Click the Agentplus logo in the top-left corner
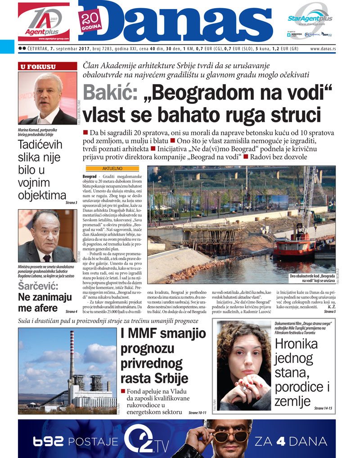[44, 22]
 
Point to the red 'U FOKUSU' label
[37, 67]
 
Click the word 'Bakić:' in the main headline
[110, 93]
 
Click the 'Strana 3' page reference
[70, 202]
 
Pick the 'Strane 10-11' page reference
[197, 412]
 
